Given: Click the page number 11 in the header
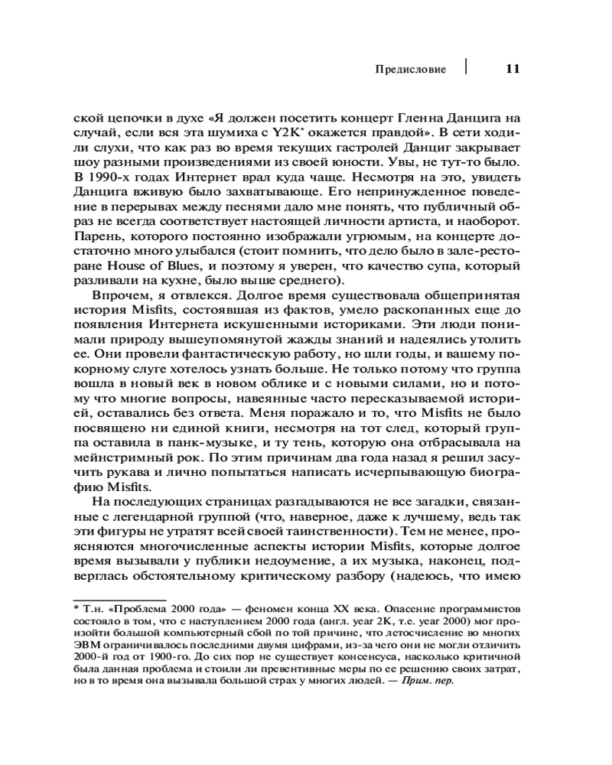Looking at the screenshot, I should tap(512, 69).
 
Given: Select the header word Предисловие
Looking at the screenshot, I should tap(410, 70).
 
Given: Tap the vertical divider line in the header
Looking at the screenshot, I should tap(466, 64).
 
